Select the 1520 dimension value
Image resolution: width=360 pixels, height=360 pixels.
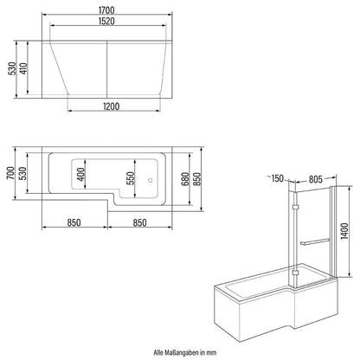tap(108, 27)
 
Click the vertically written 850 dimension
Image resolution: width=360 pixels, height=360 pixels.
tap(201, 178)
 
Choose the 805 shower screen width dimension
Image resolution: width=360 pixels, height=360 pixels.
tap(311, 180)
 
